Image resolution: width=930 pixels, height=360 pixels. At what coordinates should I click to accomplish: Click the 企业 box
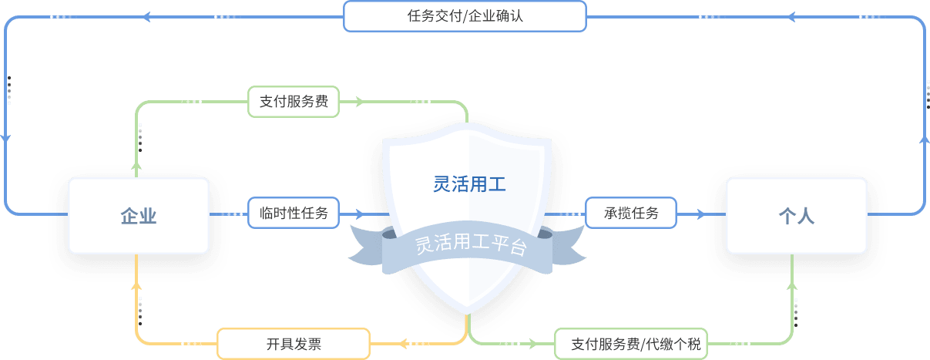tap(139, 216)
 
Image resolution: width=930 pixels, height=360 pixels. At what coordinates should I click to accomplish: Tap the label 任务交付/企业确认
tap(465, 15)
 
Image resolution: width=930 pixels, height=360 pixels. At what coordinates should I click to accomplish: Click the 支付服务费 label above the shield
tap(293, 101)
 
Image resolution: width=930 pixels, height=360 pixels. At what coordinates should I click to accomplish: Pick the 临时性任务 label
tap(294, 213)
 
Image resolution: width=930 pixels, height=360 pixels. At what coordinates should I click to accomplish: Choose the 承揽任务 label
tap(631, 213)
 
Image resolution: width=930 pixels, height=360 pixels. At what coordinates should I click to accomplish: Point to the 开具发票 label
tap(294, 344)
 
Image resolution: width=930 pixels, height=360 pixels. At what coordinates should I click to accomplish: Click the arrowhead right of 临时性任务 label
tap(358, 213)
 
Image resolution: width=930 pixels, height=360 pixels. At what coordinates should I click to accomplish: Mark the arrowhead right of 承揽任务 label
tap(700, 213)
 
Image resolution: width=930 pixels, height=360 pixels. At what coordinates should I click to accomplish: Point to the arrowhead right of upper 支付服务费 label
tap(358, 101)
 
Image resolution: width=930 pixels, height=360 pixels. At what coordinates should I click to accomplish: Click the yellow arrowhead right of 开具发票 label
tap(401, 343)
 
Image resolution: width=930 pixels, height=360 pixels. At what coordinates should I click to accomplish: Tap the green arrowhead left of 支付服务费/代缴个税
tap(535, 343)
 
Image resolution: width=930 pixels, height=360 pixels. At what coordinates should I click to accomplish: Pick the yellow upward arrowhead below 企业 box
tap(137, 287)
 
